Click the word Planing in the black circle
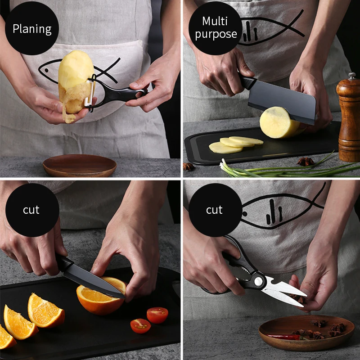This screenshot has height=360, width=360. click(31, 29)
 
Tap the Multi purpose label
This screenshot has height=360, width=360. click(216, 27)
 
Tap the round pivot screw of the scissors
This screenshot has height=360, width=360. click(258, 281)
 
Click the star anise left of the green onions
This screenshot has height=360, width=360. click(189, 166)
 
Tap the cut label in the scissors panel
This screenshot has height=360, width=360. click(214, 210)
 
